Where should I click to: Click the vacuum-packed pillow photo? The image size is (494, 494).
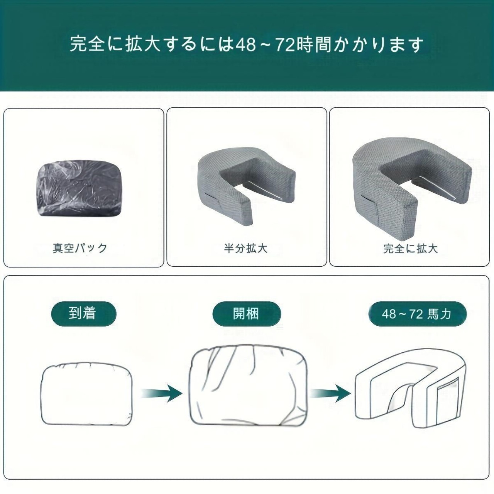80,188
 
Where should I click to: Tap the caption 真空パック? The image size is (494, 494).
80,248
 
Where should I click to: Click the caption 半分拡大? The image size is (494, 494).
245,248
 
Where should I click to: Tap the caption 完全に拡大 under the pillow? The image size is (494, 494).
410,249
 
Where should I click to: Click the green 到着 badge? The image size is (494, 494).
82,314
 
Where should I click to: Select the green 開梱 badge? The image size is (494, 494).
247,314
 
